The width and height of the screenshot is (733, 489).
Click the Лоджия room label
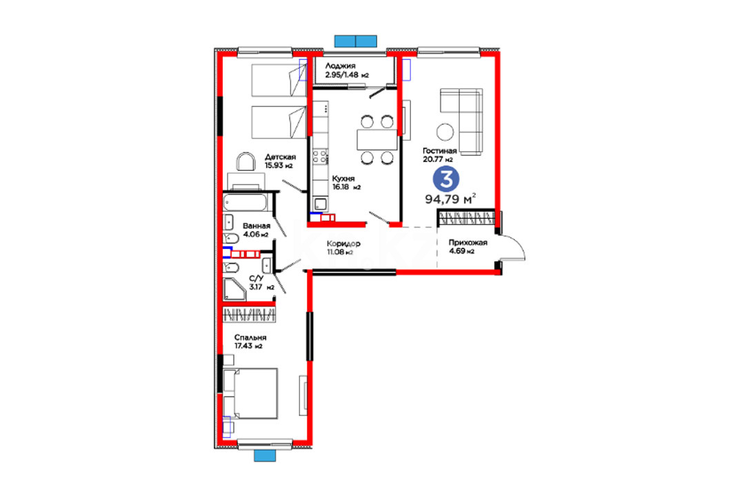coord(341,66)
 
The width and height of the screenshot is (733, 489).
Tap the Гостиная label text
coord(439,150)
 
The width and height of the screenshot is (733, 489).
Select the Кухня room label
coord(343,178)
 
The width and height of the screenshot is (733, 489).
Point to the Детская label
coord(280,157)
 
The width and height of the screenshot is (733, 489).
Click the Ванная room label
coord(257,226)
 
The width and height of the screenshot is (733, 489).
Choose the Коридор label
coord(343,243)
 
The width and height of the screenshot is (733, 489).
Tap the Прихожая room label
coord(468,242)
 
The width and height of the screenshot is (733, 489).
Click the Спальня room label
coord(250,337)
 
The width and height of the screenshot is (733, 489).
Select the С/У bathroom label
coord(257,279)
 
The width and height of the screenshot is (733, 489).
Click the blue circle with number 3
coord(446,179)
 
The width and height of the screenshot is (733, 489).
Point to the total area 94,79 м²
coord(451,199)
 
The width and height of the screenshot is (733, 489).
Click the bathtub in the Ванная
coord(245,202)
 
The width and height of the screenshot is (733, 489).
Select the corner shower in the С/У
coord(234,290)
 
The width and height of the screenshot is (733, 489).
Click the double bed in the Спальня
coord(250,393)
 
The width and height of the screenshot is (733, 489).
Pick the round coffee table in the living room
coord(445,132)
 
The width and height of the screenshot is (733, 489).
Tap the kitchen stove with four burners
coord(320,157)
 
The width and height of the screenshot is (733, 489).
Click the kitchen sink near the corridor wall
coord(321,204)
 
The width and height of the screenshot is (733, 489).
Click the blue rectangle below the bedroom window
coord(265,455)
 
